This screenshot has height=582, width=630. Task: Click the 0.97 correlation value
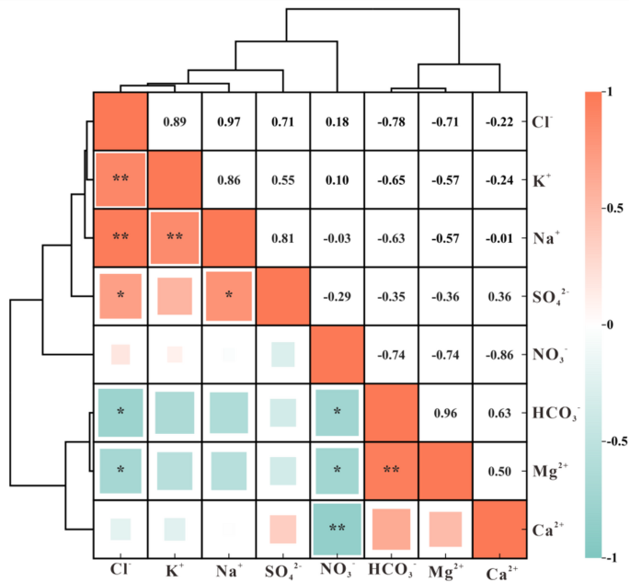click(x=229, y=122)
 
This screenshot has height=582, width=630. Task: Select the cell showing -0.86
click(x=500, y=353)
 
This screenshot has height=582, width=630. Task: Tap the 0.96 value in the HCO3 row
click(x=446, y=414)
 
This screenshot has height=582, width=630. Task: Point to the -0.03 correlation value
click(x=338, y=237)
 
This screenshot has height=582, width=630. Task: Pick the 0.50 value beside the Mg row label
click(x=500, y=472)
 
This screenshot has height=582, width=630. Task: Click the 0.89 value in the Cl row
click(x=175, y=122)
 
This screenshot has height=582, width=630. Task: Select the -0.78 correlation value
click(x=392, y=122)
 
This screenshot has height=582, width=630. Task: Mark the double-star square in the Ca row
click(x=338, y=529)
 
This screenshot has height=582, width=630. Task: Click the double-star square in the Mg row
click(x=392, y=470)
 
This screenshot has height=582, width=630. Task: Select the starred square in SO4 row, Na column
click(x=229, y=296)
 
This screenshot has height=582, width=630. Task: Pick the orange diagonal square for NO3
click(x=338, y=354)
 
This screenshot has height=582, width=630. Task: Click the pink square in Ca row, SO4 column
click(x=283, y=529)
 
